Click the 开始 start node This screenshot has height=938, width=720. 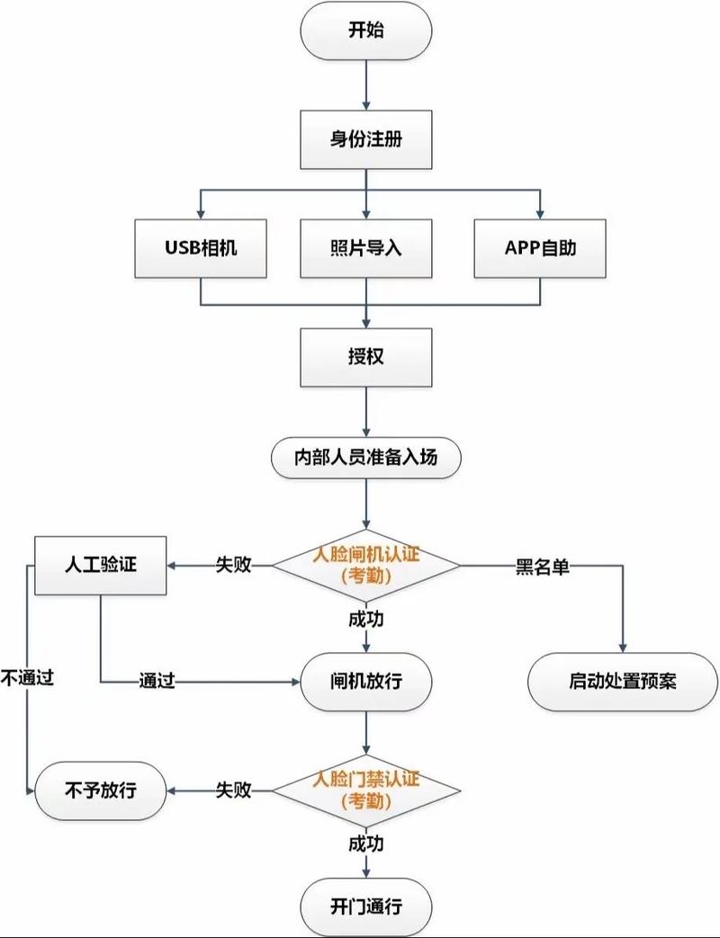pyautogui.click(x=365, y=31)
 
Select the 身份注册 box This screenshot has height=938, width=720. pyautogui.click(x=365, y=140)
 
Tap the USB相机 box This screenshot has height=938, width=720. pyautogui.click(x=201, y=248)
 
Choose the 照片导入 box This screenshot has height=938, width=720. pyautogui.click(x=365, y=248)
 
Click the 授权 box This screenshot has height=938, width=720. pyautogui.click(x=365, y=356)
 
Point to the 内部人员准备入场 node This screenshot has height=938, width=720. pyautogui.click(x=365, y=457)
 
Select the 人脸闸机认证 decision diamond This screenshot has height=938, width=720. pyautogui.click(x=365, y=566)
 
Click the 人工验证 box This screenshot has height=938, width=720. pyautogui.click(x=101, y=566)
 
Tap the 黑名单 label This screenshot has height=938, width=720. pyautogui.click(x=543, y=567)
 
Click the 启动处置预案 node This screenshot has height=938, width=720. pyautogui.click(x=623, y=681)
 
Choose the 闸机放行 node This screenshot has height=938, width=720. pyautogui.click(x=365, y=681)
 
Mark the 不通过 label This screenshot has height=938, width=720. pyautogui.click(x=27, y=678)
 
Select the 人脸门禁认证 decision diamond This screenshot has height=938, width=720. pyautogui.click(x=365, y=790)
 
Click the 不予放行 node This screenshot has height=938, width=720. pyautogui.click(x=101, y=791)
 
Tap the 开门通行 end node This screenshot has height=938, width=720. pyautogui.click(x=365, y=905)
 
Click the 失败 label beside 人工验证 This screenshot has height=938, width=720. pyautogui.click(x=232, y=566)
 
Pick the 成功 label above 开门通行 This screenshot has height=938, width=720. pyautogui.click(x=365, y=844)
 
